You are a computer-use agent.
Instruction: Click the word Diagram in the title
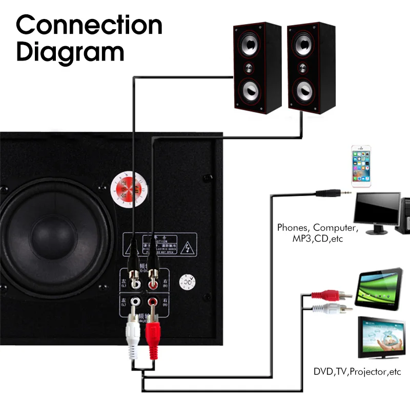click(x=71, y=52)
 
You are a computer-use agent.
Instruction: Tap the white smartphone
click(x=361, y=167)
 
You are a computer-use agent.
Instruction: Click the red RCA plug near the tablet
click(x=333, y=295)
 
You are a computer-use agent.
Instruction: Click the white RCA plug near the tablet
click(x=333, y=308)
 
